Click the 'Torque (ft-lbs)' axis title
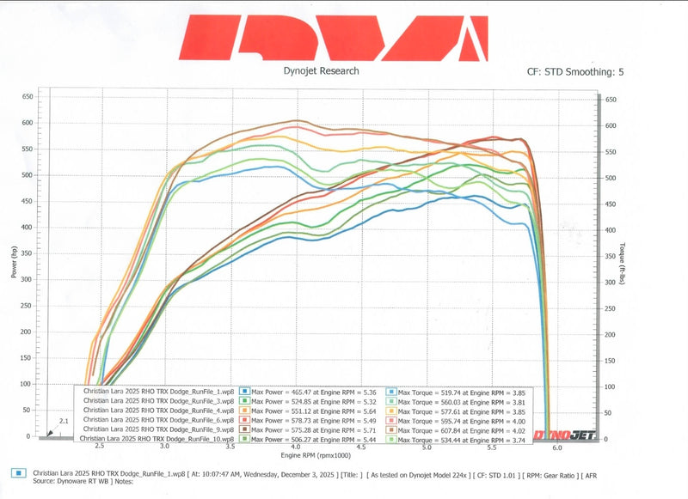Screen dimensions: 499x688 [x=621, y=264]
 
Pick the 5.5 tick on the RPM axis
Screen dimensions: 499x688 [x=492, y=447]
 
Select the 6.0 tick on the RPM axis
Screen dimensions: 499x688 [x=557, y=447]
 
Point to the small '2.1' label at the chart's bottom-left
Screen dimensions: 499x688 [x=63, y=422]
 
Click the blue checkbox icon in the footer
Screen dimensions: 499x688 [x=17, y=472]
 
